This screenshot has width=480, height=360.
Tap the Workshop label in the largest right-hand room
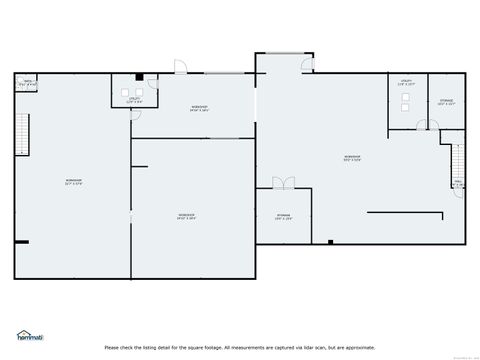[352, 157]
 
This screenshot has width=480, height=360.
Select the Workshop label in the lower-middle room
[186, 216]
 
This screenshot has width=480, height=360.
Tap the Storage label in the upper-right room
[446, 101]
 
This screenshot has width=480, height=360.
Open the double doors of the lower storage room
[284, 182]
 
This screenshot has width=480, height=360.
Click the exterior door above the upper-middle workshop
[179, 68]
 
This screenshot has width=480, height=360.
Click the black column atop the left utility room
[140, 78]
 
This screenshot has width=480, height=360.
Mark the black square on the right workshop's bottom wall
[330, 241]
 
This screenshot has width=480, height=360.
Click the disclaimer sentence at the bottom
[239, 347]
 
